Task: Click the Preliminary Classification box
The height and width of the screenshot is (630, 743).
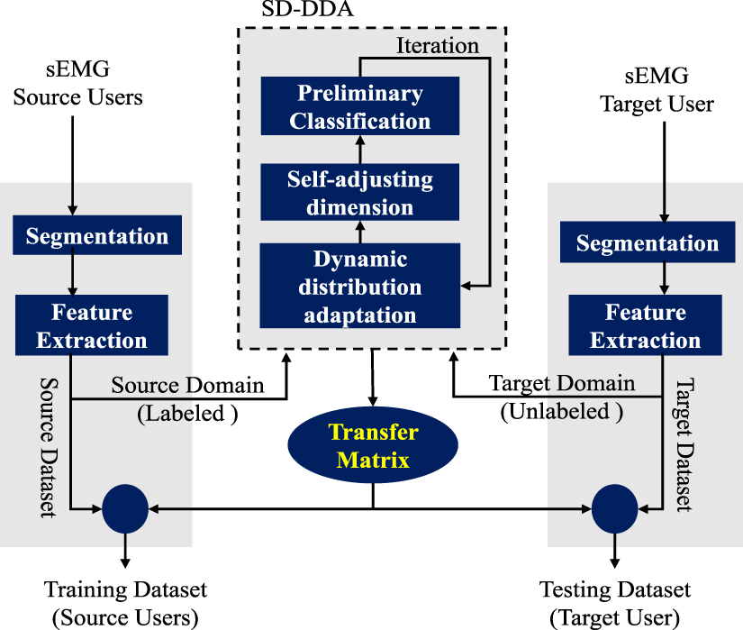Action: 359,105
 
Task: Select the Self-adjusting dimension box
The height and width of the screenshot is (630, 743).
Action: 359,192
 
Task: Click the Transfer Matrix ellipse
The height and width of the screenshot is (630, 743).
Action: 372,447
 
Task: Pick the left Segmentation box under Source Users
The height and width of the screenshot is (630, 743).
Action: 97,236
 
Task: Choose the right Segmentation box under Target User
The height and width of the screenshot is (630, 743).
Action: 647,242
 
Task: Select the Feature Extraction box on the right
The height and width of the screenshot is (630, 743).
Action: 646,326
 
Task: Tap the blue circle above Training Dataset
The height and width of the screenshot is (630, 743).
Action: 124,509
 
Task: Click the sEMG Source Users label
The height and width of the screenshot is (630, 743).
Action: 77,84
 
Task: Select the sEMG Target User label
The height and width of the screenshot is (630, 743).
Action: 657,91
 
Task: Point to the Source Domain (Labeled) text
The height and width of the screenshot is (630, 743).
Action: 187,397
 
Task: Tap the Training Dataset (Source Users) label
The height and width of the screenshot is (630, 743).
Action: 125,603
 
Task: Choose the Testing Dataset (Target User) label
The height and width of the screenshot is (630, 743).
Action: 614,603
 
